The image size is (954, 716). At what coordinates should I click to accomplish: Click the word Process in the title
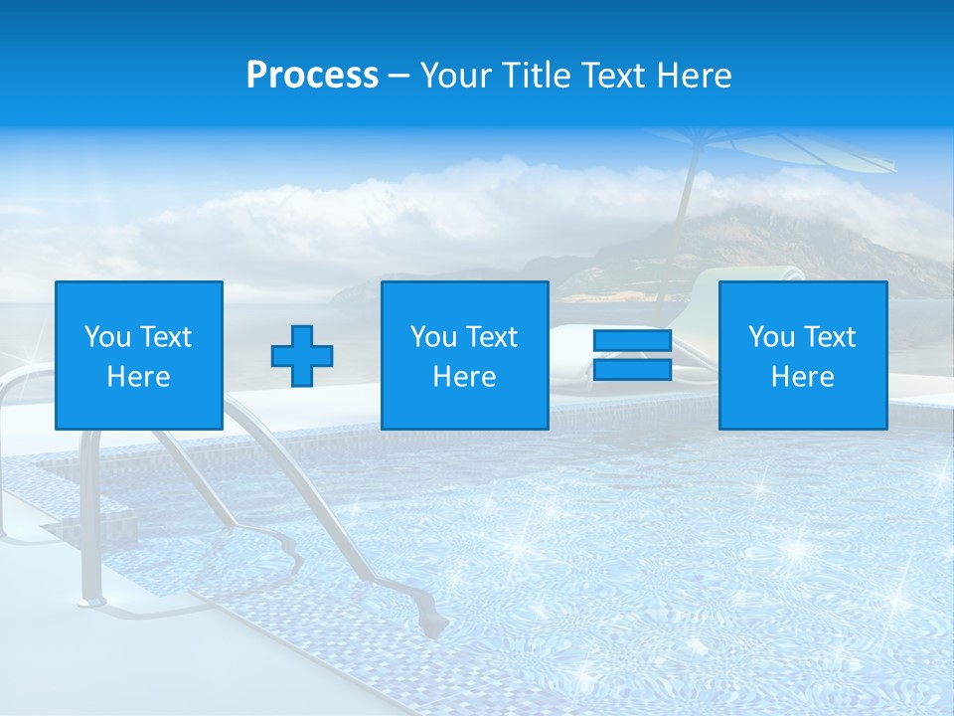pyautogui.click(x=312, y=76)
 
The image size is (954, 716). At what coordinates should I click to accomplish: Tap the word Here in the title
pyautogui.click(x=693, y=76)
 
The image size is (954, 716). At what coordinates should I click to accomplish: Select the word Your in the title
pyautogui.click(x=456, y=76)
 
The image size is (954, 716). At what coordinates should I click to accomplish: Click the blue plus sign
pyautogui.click(x=302, y=356)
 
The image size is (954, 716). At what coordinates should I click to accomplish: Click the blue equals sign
pyautogui.click(x=633, y=355)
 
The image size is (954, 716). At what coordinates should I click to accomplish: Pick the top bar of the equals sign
pyautogui.click(x=633, y=341)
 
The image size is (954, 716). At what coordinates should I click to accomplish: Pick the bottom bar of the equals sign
pyautogui.click(x=633, y=370)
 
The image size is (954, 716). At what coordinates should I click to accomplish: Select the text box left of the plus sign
pyautogui.click(x=139, y=355)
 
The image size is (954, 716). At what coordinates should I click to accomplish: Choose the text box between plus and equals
pyautogui.click(x=465, y=355)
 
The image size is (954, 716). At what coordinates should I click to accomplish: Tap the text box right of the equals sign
pyautogui.click(x=803, y=355)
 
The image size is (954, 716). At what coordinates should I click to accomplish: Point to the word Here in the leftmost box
pyautogui.click(x=139, y=377)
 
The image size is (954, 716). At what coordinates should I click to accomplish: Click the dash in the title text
pyautogui.click(x=399, y=76)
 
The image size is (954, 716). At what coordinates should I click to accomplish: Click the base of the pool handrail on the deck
pyautogui.click(x=92, y=600)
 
